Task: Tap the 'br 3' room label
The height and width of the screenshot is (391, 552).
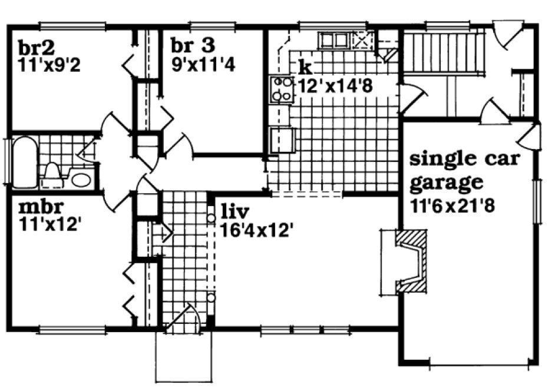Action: point(193,45)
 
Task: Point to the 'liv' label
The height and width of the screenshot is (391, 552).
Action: point(234,211)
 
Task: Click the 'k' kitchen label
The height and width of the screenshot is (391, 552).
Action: point(304,65)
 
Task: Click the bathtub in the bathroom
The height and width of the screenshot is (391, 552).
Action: point(24,162)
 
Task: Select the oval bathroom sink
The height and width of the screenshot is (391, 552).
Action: point(80,178)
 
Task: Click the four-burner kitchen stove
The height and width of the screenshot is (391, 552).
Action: point(281,90)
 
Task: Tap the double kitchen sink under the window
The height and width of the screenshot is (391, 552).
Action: point(334,40)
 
